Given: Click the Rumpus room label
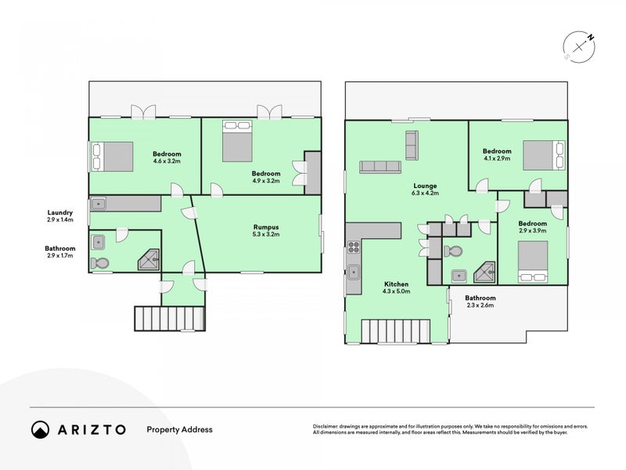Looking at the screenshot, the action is tap(265, 227).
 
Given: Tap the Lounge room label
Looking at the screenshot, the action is tap(425, 186).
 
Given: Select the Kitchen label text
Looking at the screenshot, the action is tap(396, 284).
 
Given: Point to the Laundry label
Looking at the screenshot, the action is tap(60, 212).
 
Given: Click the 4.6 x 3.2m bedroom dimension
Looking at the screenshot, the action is tap(167, 161).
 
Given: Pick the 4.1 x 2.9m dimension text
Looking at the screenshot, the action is tap(497, 158).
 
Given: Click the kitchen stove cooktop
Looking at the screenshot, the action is tap(354, 247).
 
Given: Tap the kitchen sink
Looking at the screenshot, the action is tap(354, 273).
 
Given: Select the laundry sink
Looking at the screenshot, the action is tap(98, 204).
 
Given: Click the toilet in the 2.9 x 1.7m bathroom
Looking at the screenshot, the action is tap(99, 263).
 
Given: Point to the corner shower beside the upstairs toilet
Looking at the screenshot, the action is tap(484, 273).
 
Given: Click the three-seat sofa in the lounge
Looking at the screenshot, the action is tap(380, 167).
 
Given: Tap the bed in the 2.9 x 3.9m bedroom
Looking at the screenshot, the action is tap(533, 262).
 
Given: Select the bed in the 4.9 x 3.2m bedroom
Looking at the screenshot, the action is tap(237, 142).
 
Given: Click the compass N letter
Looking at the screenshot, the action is tap(590, 38).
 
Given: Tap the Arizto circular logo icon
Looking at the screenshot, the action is tap(41, 429).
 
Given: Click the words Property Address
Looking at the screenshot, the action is tap(180, 429).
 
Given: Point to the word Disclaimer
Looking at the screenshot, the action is tap(326, 426).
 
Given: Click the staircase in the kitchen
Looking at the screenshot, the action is tap(396, 331).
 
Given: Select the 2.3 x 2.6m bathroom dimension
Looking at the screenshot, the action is tap(480, 305).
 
